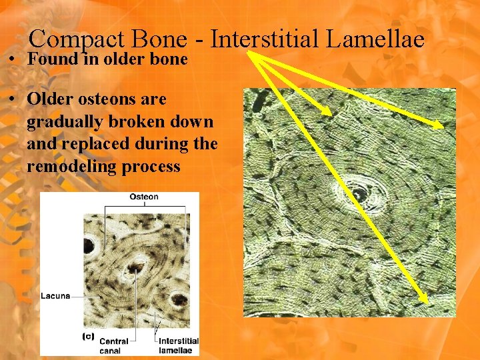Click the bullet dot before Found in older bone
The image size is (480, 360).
click(13, 59)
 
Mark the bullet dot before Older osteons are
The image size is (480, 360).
click(13, 99)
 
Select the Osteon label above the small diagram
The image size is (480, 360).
click(143, 197)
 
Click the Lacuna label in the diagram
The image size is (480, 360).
click(55, 295)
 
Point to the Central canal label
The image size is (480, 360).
click(114, 345)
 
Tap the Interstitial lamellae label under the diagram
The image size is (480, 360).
click(176, 345)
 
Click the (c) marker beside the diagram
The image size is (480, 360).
click(88, 337)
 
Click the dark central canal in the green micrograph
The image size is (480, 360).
click(359, 194)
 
